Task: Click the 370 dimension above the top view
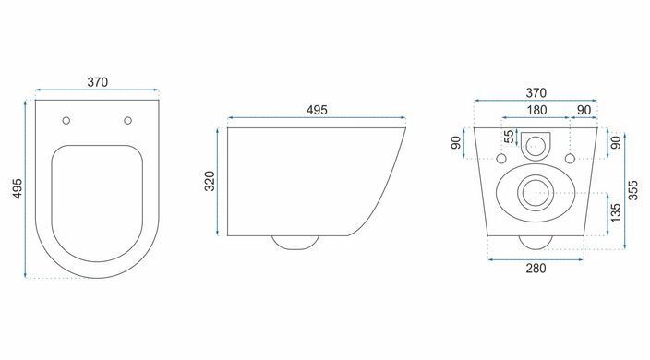pos(98,82)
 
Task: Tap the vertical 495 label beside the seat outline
pos(18,188)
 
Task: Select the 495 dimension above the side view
pos(317,110)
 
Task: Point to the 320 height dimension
pos(211,181)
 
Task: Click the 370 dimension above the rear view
pos(536,93)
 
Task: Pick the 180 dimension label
pos(536,110)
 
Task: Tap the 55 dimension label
pos(509,137)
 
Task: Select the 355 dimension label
pos(633,190)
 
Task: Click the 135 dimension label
pos(616,212)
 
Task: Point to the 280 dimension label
pos(536,269)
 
